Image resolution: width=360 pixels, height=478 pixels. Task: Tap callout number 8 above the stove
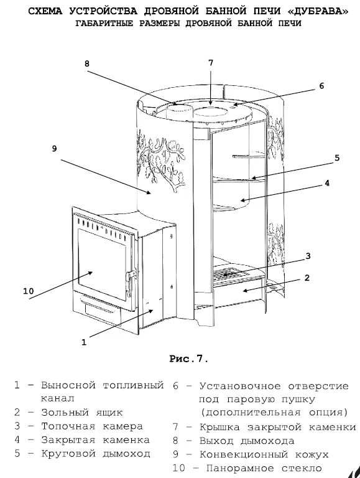click(x=87, y=63)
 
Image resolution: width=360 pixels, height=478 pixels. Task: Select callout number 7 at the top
click(x=211, y=62)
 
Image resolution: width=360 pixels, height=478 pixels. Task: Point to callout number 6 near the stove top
click(x=322, y=86)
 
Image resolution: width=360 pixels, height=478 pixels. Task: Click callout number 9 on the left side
click(x=54, y=149)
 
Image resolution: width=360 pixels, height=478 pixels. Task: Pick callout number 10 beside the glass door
click(x=29, y=291)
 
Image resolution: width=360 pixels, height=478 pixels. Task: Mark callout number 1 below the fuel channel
click(x=84, y=342)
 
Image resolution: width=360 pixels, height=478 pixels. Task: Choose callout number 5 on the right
click(x=337, y=158)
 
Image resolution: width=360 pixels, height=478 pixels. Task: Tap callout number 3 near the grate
click(x=308, y=256)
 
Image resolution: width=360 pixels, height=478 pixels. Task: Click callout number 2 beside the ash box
click(x=307, y=278)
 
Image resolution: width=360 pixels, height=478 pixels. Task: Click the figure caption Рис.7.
click(x=189, y=358)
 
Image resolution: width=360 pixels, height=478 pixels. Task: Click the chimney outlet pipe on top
click(x=178, y=111)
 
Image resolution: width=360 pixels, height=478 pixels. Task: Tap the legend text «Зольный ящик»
click(x=82, y=413)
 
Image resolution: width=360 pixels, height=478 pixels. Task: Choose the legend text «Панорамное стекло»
click(x=264, y=468)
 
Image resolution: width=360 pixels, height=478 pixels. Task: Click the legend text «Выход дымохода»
click(x=247, y=441)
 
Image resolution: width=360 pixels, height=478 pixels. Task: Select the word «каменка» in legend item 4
click(x=126, y=440)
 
